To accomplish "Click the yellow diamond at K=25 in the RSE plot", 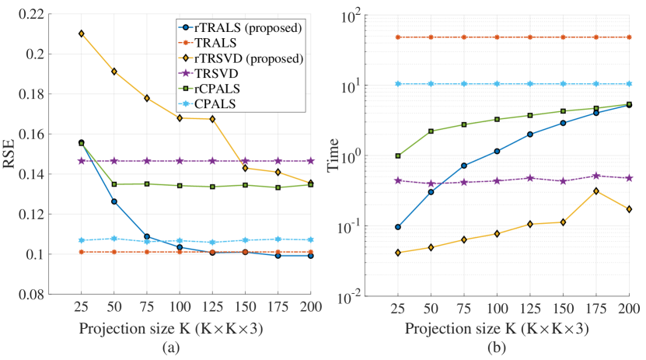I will coord(82,33).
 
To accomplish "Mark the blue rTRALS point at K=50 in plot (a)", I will coord(114,201).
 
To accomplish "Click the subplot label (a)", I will coord(169,348).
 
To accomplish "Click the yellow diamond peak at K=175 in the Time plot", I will coord(596,191).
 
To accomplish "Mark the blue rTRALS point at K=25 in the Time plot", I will coord(398,227).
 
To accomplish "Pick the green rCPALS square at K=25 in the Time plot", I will coord(398,156).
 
